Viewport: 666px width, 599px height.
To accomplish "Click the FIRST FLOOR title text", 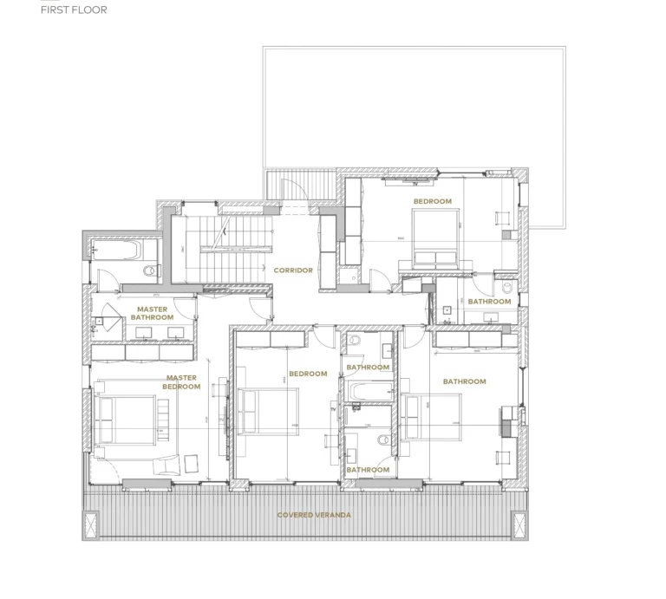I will pos(74,10).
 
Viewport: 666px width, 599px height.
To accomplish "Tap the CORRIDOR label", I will pos(293,270).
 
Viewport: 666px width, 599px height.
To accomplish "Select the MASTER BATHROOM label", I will pos(152,313).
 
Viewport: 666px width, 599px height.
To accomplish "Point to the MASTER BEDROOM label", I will pos(181,382).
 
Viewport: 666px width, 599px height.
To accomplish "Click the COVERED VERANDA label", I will pos(315,515).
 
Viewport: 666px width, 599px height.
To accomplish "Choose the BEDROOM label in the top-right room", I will pos(432,201).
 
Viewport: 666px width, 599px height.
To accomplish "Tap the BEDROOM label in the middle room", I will pos(308,374).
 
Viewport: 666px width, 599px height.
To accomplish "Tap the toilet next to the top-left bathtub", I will pos(151,271).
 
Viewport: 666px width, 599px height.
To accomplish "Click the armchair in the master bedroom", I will pos(164,466).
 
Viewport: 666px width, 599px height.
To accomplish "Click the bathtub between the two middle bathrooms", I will pos(367,393).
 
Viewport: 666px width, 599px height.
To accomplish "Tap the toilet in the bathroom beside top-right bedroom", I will pos(506,285).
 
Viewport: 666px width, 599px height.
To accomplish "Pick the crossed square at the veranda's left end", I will pos(90,524).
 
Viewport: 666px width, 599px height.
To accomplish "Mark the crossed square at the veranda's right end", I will pos(518,524).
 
